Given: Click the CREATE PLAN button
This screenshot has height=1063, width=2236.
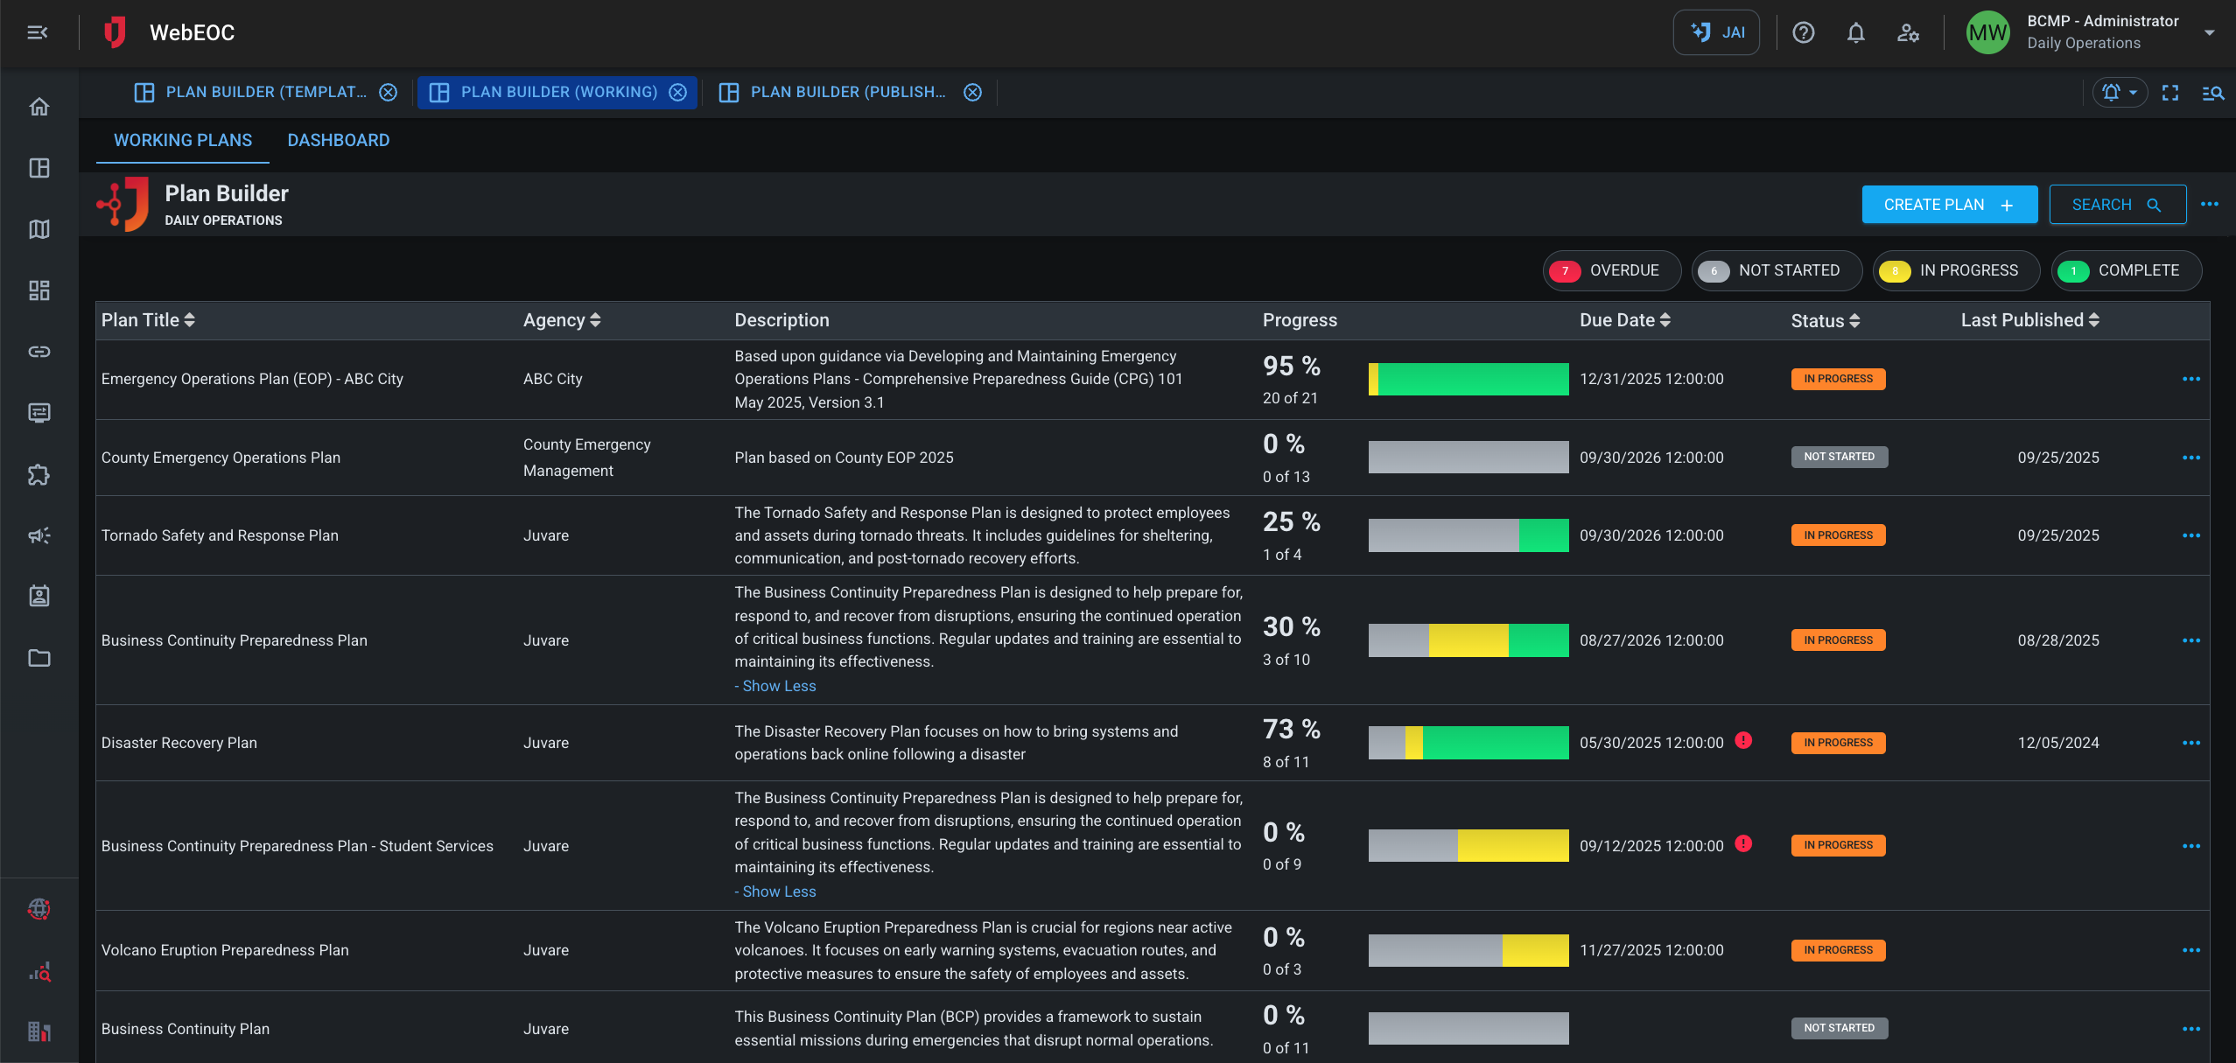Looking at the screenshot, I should [1948, 205].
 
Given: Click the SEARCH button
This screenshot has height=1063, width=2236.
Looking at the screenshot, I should [2116, 205].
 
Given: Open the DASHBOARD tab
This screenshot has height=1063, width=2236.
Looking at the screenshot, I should [338, 141].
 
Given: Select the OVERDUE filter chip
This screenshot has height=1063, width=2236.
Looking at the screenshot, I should [1610, 270].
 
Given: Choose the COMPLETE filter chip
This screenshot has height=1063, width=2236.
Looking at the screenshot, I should [2126, 270].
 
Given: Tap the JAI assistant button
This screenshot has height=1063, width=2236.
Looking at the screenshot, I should [1715, 33].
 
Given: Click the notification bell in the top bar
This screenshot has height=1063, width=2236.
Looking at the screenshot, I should [1855, 33].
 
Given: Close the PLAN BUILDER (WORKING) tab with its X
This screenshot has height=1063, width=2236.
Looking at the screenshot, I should [678, 93].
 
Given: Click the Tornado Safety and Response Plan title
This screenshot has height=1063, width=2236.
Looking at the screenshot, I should [220, 535].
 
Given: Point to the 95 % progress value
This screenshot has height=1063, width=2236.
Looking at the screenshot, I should [1291, 366].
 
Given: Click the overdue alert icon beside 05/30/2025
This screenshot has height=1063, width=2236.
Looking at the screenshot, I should [1743, 741].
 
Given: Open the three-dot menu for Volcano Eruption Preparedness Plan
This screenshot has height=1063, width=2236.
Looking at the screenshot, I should [2190, 950].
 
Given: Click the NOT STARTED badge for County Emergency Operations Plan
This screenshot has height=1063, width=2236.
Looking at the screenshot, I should [1839, 457].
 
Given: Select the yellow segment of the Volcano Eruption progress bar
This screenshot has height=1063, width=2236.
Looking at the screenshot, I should [1535, 950].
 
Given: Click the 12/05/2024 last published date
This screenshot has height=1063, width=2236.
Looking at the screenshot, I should [2057, 743].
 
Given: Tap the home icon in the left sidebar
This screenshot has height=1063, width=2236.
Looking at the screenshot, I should [39, 107].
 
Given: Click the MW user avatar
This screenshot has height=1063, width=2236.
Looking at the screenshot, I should [1987, 33].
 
